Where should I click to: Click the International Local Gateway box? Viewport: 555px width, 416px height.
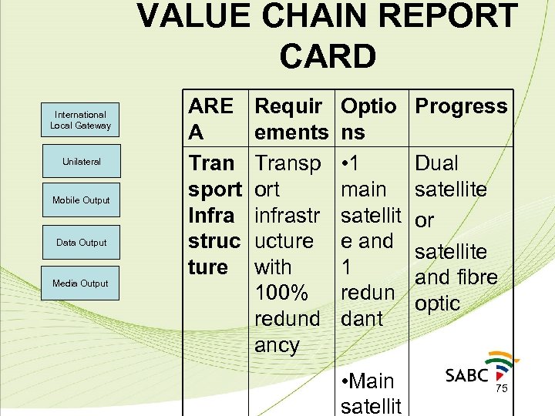click(80, 120)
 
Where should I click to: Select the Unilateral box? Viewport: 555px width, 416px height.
click(81, 162)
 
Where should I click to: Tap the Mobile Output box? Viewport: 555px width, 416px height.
click(81, 200)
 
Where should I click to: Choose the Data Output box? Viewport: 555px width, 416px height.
click(81, 243)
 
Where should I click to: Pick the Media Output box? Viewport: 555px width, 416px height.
click(80, 283)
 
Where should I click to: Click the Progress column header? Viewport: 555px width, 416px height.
click(461, 106)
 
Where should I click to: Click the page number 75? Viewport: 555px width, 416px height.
click(501, 389)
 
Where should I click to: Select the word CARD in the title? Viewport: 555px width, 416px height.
click(328, 56)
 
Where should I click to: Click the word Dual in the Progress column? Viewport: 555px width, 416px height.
click(436, 163)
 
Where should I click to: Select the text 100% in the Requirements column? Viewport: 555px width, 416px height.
click(281, 293)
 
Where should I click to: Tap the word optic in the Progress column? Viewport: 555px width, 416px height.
click(437, 303)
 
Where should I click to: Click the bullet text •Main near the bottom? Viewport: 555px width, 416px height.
click(367, 381)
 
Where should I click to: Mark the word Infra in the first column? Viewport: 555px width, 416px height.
click(211, 215)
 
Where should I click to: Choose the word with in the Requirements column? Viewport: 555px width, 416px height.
click(273, 267)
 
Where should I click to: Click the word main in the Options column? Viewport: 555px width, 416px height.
click(364, 190)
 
